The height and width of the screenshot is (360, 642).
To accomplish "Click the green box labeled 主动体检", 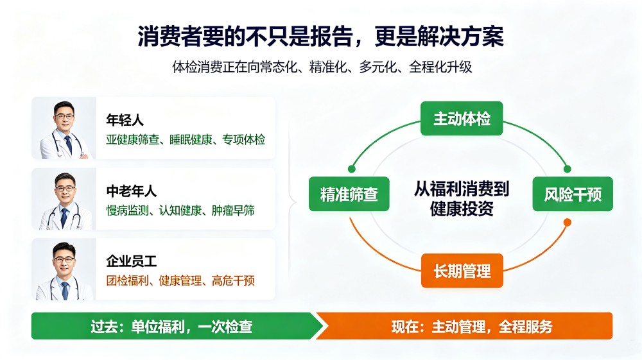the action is point(462,118).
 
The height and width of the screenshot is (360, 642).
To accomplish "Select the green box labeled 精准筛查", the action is point(349,194).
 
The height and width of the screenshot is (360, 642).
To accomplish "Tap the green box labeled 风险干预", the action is point(573,194).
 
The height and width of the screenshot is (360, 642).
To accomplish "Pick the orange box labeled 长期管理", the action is point(462,270).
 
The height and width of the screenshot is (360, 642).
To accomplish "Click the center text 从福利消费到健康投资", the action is point(462,198).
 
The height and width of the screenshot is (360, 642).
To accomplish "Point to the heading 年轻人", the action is point(125,120).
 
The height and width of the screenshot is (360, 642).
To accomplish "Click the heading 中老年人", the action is point(132,191).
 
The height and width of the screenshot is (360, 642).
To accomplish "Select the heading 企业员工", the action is point(132,261).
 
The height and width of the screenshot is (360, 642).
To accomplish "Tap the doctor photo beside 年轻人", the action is point(64,128).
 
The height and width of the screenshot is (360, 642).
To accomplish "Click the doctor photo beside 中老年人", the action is point(64,199).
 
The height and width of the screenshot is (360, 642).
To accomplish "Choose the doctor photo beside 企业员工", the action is point(64,269).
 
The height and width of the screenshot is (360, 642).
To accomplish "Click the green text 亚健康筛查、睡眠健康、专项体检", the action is point(186,139).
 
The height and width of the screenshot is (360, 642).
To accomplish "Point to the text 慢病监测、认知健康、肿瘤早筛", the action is point(180,210).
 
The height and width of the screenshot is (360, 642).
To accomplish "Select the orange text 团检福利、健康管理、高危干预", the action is point(180,280).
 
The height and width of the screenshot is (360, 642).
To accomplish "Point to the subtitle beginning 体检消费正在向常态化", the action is point(322,67).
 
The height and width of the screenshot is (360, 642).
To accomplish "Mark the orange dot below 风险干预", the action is point(567,223).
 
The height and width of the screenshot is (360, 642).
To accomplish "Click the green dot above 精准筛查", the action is point(352,169).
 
